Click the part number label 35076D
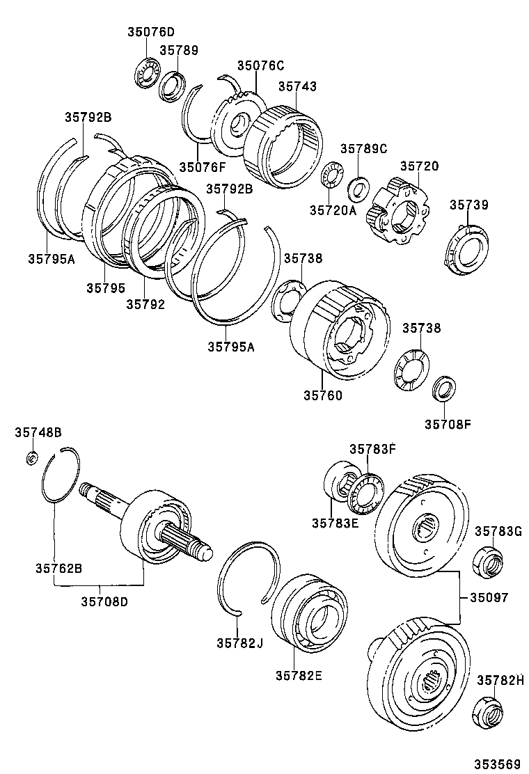pos(151,31)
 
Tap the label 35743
pos(297,87)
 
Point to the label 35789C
pos(363,149)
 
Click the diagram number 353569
pos(498,764)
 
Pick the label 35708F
pos(448,422)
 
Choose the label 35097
pos(489,597)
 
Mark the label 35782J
pos(239,642)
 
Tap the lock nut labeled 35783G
pos(488,559)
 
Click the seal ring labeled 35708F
pos(443,388)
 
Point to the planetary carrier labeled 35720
pos(401,212)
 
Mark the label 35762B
pos(59,568)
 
